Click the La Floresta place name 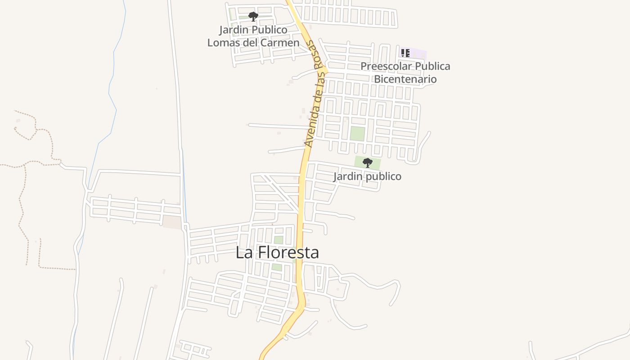click(277, 252)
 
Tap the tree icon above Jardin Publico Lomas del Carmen click(253, 17)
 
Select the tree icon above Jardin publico click(367, 163)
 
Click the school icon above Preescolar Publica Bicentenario click(405, 53)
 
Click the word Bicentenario click(405, 79)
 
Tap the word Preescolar click(386, 66)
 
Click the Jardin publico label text click(367, 176)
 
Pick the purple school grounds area click(418, 54)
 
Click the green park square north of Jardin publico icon click(357, 134)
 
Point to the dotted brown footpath click(22, 202)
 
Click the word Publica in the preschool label click(432, 66)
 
